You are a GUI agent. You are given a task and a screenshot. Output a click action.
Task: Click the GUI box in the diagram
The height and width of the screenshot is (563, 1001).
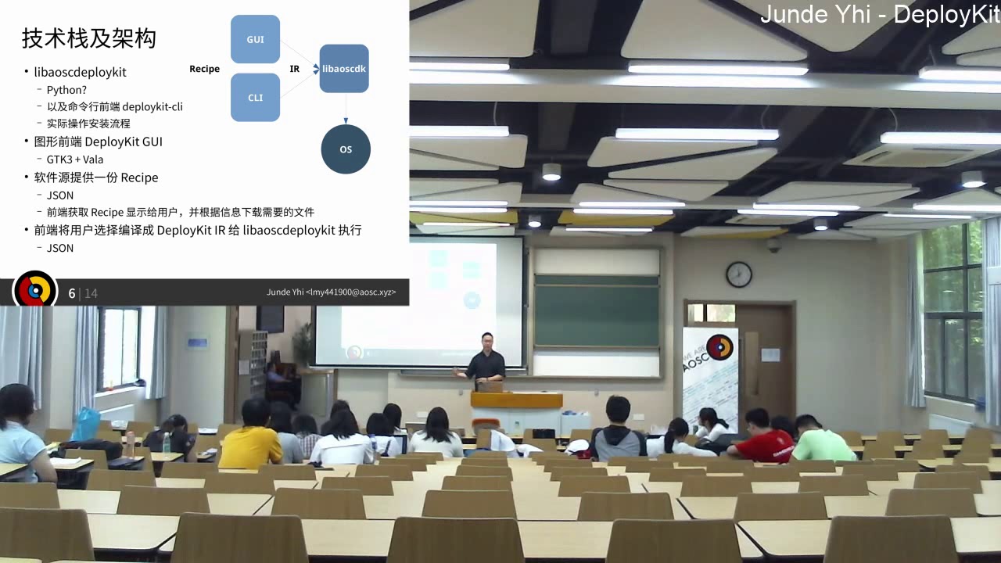(x=255, y=39)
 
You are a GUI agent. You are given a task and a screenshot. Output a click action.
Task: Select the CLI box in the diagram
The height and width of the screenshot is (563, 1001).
(x=255, y=98)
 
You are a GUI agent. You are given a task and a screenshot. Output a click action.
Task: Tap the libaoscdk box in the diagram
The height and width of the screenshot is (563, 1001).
(x=344, y=69)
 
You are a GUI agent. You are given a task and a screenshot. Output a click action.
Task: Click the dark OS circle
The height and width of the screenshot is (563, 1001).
(x=346, y=149)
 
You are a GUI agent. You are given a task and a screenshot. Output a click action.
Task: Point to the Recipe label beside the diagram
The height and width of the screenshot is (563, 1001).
(x=204, y=69)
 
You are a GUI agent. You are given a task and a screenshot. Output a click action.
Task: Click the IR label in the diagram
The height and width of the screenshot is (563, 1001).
(x=295, y=69)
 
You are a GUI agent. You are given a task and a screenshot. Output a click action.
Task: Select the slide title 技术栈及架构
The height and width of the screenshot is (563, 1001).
(x=88, y=38)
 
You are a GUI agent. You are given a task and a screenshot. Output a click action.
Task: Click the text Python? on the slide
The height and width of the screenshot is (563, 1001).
(x=66, y=90)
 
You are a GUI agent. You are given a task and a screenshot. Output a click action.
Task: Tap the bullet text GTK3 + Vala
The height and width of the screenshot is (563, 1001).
(x=75, y=160)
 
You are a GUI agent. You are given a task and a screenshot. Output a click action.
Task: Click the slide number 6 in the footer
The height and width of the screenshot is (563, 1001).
(x=72, y=293)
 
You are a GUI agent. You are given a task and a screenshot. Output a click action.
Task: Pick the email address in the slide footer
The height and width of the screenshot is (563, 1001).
(x=331, y=292)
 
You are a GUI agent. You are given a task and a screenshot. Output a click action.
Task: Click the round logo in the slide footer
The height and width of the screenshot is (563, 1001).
(x=35, y=291)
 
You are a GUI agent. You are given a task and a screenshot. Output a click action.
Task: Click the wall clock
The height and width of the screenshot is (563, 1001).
(x=739, y=274)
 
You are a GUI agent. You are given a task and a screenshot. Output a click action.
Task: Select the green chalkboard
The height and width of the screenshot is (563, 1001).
(x=597, y=310)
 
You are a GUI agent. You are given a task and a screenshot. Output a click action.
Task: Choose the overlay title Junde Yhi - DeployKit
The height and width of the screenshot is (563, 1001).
(x=880, y=14)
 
